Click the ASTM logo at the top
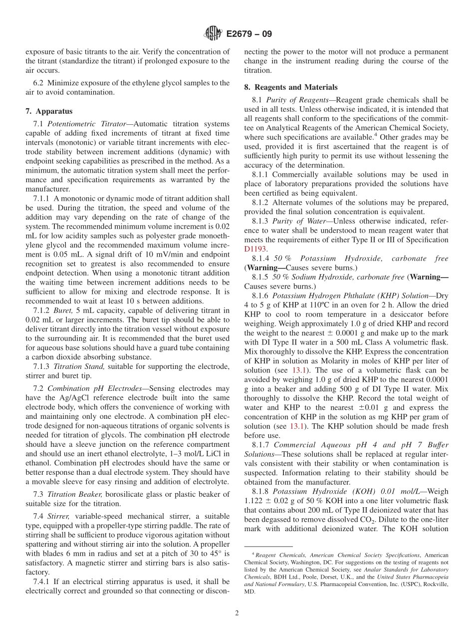[x=213, y=34]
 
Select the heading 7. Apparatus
[x=48, y=111]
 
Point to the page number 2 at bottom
[x=237, y=613]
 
